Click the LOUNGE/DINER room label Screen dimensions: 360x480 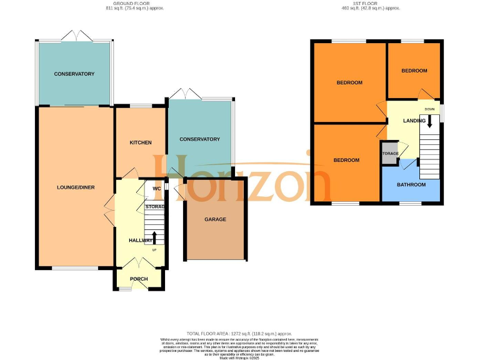(x=76, y=187)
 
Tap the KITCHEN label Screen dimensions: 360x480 (x=141, y=142)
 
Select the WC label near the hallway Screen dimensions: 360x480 (x=156, y=188)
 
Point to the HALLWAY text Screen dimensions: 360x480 (x=141, y=240)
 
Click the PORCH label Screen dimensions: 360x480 (x=139, y=279)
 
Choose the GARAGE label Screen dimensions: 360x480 (x=215, y=219)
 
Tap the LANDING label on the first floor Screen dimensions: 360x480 (x=414, y=121)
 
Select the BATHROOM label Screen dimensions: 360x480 (x=411, y=184)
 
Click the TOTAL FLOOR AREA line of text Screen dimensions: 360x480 (x=240, y=333)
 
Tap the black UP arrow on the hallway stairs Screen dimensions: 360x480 (x=154, y=237)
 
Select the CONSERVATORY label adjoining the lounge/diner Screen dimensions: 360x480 (x=74, y=74)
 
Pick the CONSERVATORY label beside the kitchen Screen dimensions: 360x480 (x=199, y=139)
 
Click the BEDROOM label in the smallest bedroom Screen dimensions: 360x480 (x=414, y=71)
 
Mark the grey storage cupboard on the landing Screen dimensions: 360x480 (x=389, y=154)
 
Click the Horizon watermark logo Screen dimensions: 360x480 (x=250, y=181)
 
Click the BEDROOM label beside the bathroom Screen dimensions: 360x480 (x=346, y=160)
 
